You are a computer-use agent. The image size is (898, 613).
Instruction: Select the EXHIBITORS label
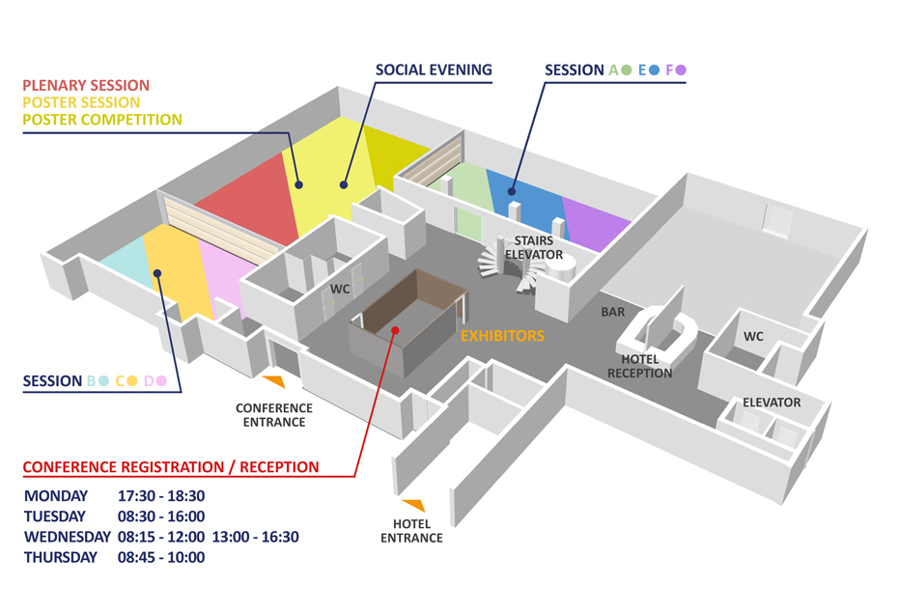[502, 336]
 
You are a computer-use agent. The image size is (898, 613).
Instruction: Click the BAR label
[612, 313]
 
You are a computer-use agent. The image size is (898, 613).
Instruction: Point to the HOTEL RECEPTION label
[639, 367]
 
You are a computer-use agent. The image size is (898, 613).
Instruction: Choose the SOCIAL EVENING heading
[434, 70]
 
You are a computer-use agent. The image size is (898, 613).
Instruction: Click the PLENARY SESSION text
[86, 86]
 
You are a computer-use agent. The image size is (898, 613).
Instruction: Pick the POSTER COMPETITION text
[102, 120]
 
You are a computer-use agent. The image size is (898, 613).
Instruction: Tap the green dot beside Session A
[627, 70]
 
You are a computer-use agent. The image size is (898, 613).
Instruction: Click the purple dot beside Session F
[681, 70]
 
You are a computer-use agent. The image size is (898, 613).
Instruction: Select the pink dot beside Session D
[161, 381]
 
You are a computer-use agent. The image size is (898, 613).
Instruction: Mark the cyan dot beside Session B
[103, 381]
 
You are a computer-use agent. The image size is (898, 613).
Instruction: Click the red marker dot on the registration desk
[395, 330]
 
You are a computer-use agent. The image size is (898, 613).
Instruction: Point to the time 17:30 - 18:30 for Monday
[161, 496]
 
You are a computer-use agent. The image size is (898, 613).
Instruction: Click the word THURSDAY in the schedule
[61, 557]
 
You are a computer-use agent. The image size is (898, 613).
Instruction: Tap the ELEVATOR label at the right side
[772, 402]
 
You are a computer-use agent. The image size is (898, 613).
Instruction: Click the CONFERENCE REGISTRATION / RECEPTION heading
[171, 467]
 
